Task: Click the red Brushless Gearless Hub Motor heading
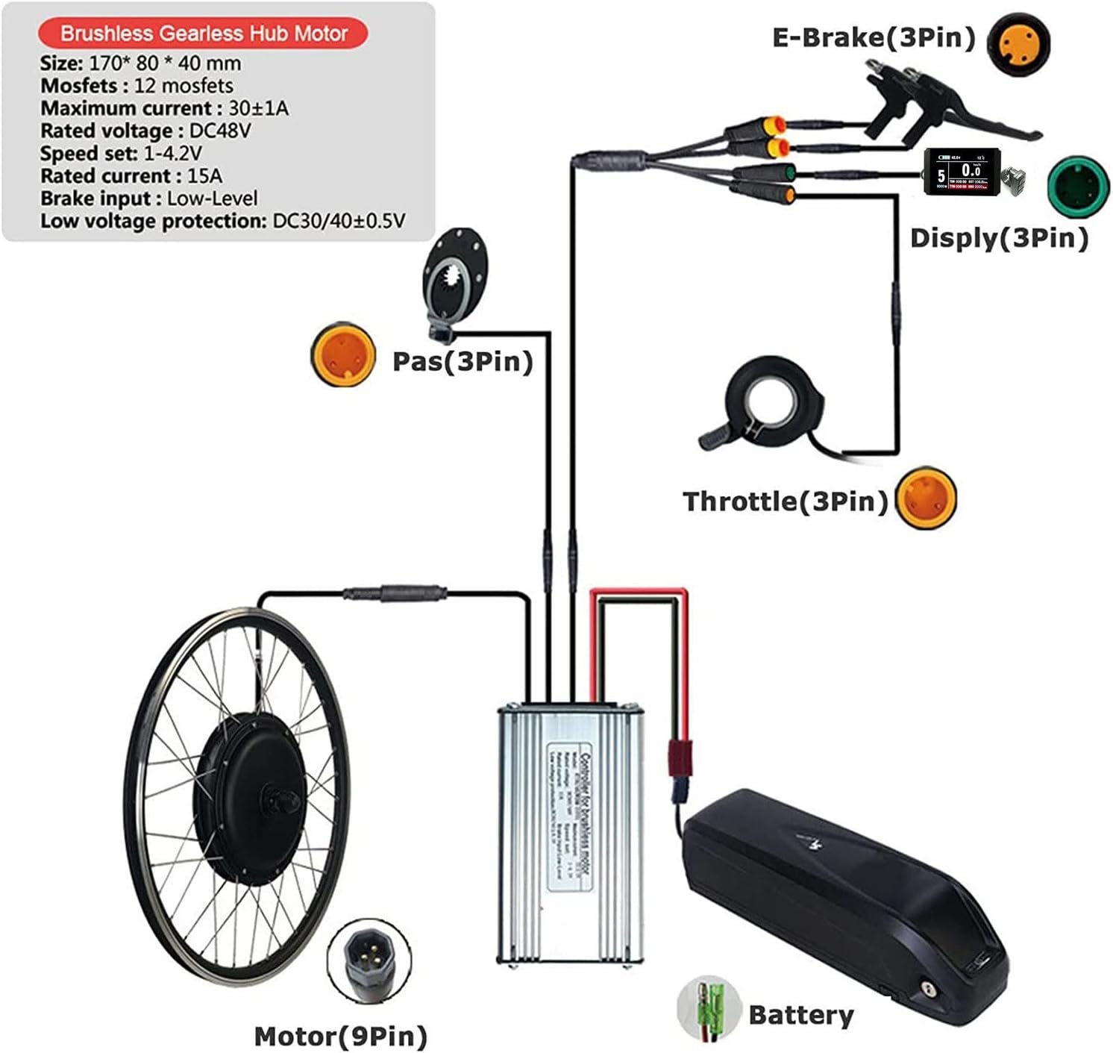pyautogui.click(x=203, y=34)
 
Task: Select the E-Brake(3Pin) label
pyautogui.click(x=874, y=37)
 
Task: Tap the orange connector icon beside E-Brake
pyautogui.click(x=1018, y=43)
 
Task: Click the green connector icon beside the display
pyautogui.click(x=1079, y=184)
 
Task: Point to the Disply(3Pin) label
pyautogui.click(x=999, y=238)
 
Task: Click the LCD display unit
pyautogui.click(x=962, y=172)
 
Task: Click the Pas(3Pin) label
pyautogui.click(x=463, y=361)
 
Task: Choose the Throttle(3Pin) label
pyautogui.click(x=785, y=501)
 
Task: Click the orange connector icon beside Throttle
pyautogui.click(x=926, y=498)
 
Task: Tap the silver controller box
pyautogui.click(x=569, y=832)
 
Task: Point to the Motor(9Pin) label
pyautogui.click(x=341, y=1036)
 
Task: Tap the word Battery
pyautogui.click(x=800, y=1015)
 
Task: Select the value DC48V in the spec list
pyautogui.click(x=220, y=131)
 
